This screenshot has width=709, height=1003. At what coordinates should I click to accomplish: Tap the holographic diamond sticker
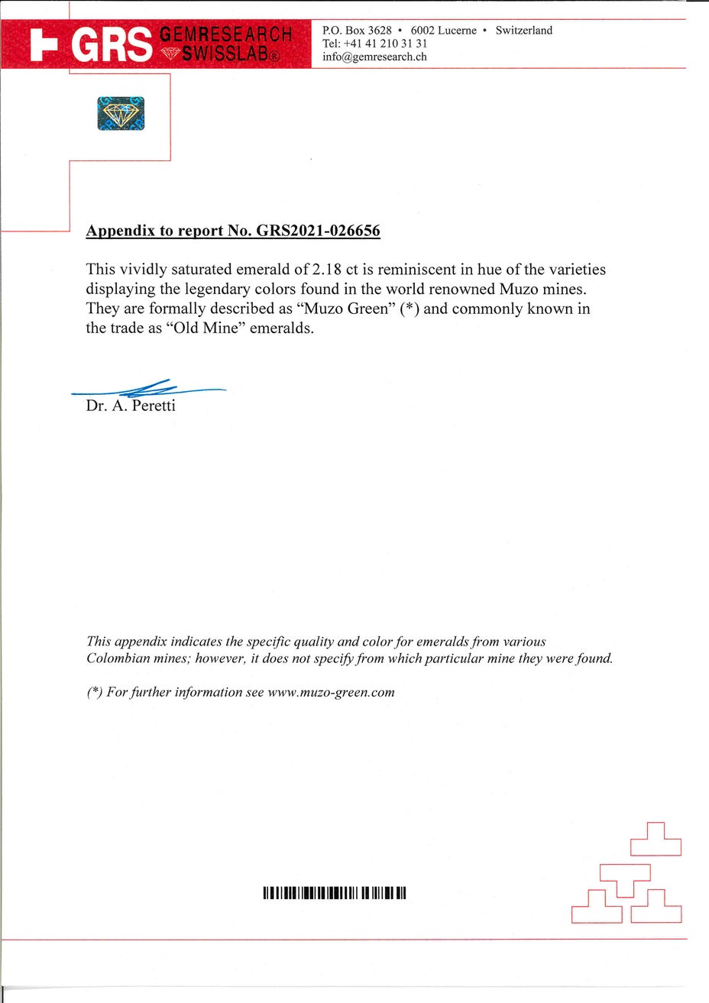click(x=121, y=113)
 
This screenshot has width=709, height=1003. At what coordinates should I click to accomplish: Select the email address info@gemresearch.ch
click(x=374, y=57)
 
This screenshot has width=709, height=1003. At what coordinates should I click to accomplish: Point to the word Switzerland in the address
click(x=523, y=31)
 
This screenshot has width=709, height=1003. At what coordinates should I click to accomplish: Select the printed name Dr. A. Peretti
click(x=131, y=406)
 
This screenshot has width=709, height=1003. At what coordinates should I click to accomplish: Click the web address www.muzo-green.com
click(x=332, y=692)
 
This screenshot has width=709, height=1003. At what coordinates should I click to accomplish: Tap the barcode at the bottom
click(x=334, y=892)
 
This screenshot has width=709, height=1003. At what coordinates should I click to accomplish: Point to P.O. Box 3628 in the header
click(x=357, y=31)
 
